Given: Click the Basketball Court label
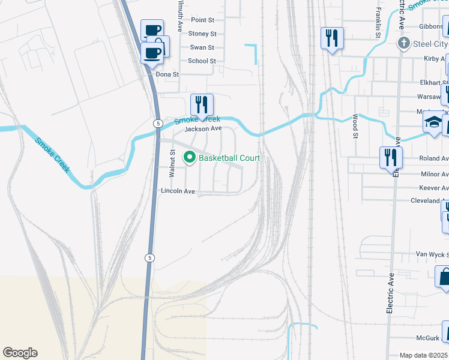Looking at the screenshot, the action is [229, 158].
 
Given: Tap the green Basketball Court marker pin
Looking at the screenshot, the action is [190, 158].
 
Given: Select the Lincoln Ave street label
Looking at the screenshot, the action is [178, 191].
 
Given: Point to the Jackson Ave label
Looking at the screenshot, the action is [203, 129].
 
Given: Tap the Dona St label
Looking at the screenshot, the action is [167, 74].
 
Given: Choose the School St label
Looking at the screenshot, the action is [201, 61].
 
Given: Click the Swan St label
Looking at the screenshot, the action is [202, 47].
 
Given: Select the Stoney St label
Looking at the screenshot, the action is [202, 34].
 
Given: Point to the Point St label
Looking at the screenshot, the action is [202, 20].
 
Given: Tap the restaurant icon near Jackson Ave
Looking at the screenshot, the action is [202, 104].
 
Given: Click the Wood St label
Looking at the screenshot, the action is [355, 127].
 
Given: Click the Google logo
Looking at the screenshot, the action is [20, 353].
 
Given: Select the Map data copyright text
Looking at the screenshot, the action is [424, 355].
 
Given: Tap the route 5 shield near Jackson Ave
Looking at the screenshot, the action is [157, 123].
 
